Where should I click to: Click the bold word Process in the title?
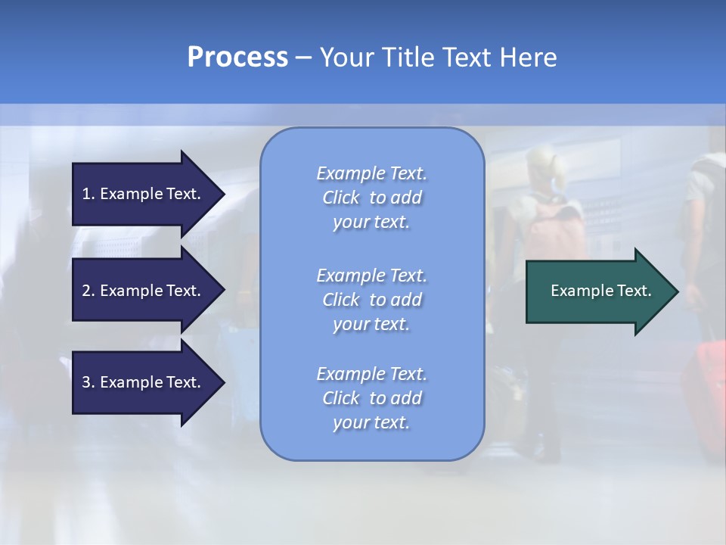[x=237, y=58]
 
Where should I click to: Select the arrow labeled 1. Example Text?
[x=144, y=194]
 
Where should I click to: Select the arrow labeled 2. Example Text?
[x=144, y=291]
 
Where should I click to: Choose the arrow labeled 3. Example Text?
[x=144, y=382]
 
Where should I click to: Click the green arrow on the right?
[x=597, y=291]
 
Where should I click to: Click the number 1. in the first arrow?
[x=88, y=194]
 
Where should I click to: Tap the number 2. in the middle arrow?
[x=88, y=291]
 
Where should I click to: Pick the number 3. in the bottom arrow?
[x=88, y=382]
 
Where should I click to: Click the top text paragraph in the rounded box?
[x=371, y=198]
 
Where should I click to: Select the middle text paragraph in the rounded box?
[x=371, y=300]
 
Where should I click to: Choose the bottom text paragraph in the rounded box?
[x=371, y=398]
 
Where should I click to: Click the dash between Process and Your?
[x=303, y=58]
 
